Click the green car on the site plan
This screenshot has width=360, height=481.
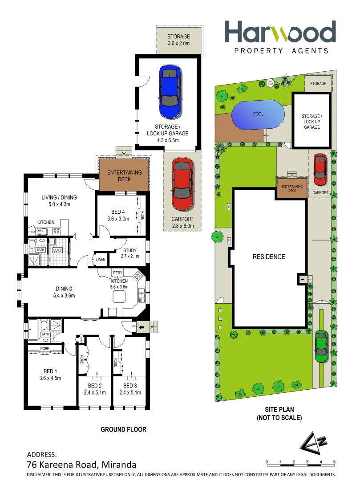pyautogui.click(x=321, y=346)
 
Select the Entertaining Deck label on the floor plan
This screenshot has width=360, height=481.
pyautogui.click(x=125, y=176)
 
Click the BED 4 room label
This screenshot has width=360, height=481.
pyautogui.click(x=118, y=212)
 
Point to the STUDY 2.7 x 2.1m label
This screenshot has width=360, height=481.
pyautogui.click(x=130, y=253)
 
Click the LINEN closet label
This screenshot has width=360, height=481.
pyautogui.click(x=100, y=260)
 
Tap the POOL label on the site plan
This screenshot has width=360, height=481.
pyautogui.click(x=258, y=114)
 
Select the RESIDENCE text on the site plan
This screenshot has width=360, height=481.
pyautogui.click(x=269, y=257)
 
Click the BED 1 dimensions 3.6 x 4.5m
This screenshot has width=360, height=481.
pyautogui.click(x=49, y=378)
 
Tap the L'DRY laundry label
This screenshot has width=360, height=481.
pyautogui.click(x=57, y=250)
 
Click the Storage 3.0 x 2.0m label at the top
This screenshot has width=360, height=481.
pyautogui.click(x=178, y=40)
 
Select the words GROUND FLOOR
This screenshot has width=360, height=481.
pyautogui.click(x=123, y=430)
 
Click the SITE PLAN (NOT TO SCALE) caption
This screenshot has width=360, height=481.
pyautogui.click(x=279, y=414)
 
